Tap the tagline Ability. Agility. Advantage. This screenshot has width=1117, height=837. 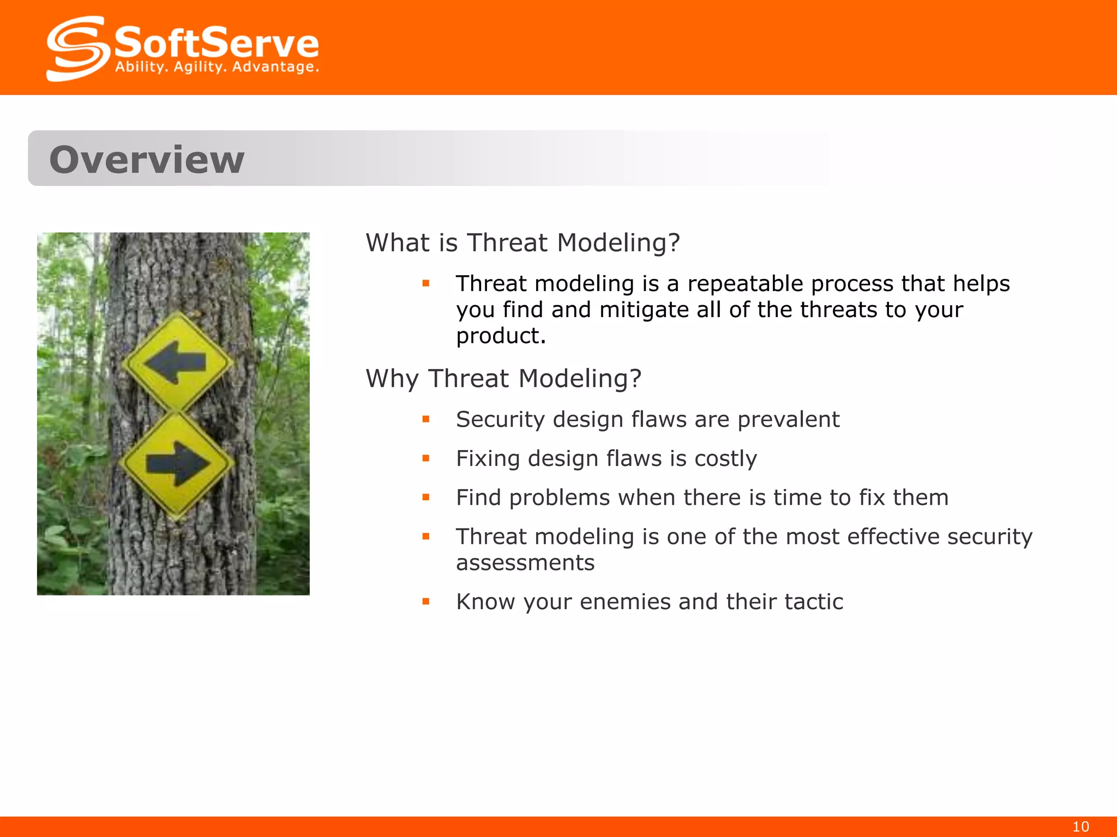[217, 68]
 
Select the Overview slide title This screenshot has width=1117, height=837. [147, 160]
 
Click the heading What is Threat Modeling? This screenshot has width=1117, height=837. [523, 242]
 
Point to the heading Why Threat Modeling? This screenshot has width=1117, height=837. [503, 378]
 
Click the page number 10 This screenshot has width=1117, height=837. [1080, 827]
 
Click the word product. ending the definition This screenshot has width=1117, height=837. [501, 336]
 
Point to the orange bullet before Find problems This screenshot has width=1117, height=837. [426, 498]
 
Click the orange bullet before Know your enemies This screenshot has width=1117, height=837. [426, 602]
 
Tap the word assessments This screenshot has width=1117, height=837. [525, 563]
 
